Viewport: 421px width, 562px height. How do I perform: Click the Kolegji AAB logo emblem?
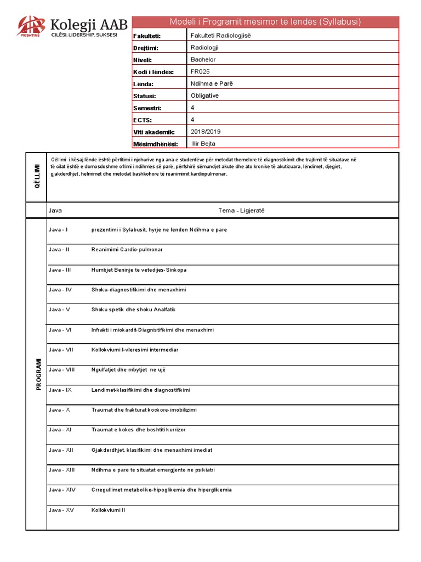tap(32, 26)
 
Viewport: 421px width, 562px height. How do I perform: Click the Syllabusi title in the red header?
tap(265, 22)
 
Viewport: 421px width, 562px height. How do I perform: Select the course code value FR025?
tap(200, 71)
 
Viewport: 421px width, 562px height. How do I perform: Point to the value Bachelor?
tap(203, 59)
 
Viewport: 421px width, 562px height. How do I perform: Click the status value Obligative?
tap(204, 95)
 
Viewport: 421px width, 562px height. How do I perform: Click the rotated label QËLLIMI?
tap(37, 177)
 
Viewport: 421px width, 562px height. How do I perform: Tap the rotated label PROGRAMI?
tap(39, 374)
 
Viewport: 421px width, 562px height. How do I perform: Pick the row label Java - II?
tap(59, 250)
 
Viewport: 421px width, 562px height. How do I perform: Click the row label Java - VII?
tap(60, 350)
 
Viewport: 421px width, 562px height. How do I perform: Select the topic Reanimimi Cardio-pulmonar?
tap(127, 250)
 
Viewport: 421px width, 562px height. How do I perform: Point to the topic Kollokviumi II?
tap(109, 510)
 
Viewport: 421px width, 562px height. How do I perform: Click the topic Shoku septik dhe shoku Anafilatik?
tap(133, 310)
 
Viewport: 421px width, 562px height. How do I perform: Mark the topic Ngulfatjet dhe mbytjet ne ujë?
tap(130, 370)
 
